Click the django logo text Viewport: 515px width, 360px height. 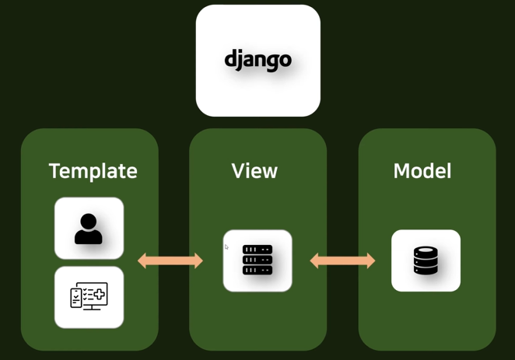point(257,61)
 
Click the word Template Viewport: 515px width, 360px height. point(93,171)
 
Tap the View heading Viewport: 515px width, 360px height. point(254,170)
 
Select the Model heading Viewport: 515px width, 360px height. point(422,170)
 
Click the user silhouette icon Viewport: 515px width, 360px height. point(89,229)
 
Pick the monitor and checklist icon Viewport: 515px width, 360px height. point(89,296)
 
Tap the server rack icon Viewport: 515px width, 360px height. point(257,260)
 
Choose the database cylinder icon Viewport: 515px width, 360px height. point(426,260)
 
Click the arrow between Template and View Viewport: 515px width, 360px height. point(170,261)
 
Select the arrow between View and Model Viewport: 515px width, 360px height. point(342,261)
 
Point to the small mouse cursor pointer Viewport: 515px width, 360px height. point(226,246)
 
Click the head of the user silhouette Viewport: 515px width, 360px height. point(88,221)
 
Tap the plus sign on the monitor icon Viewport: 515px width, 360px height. point(100,295)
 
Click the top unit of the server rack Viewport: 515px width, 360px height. point(257,250)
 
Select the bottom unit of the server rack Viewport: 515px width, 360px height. point(257,270)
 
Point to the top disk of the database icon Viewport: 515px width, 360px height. point(426,251)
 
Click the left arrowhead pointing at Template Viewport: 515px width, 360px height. point(142,261)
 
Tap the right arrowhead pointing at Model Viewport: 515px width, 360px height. point(371,261)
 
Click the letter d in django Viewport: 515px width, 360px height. point(230,58)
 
